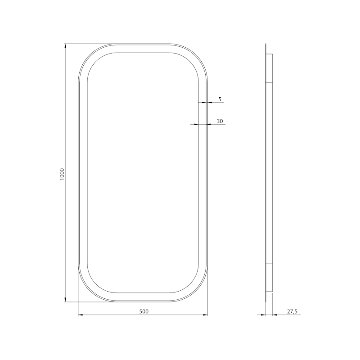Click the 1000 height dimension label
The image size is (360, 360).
[62, 174]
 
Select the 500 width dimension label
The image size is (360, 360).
[144, 311]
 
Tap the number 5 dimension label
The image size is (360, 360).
[220, 99]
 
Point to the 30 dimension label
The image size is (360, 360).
[220, 121]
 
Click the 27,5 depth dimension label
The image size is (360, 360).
[292, 311]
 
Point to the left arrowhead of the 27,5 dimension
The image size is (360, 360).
[263, 315]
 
